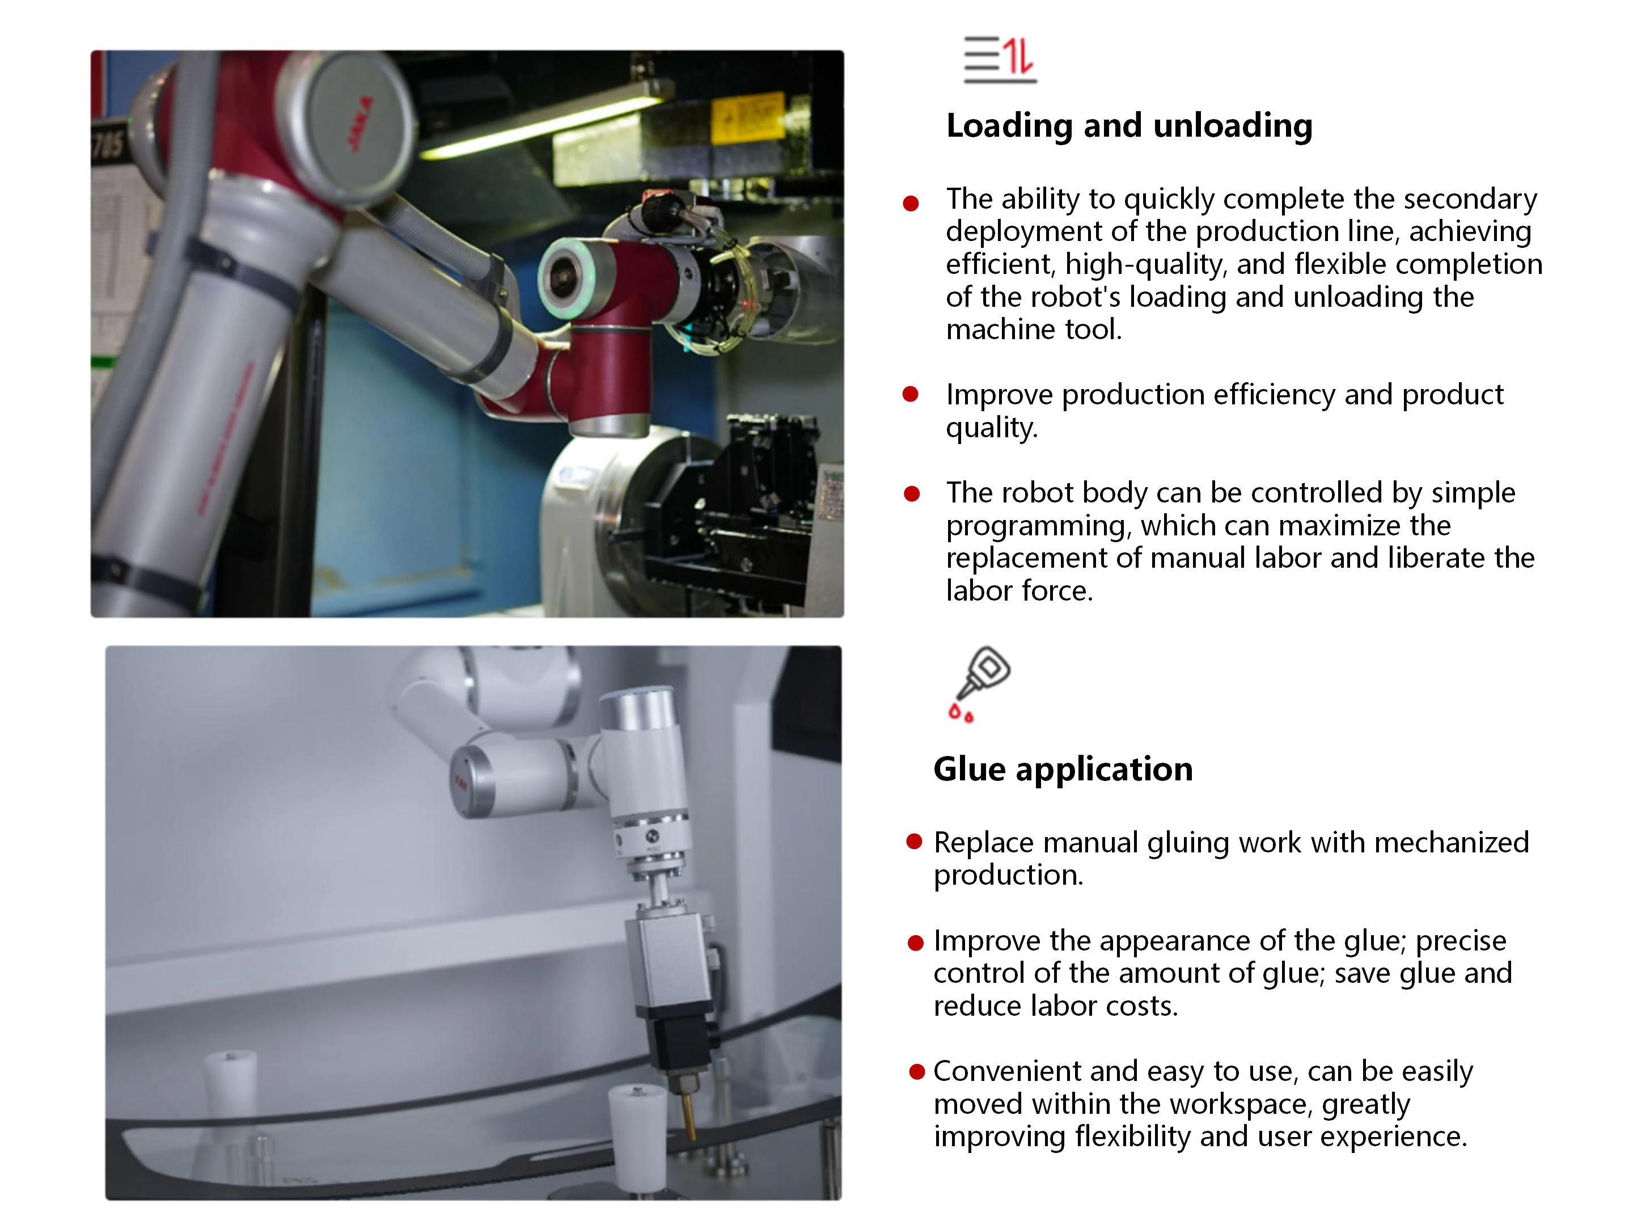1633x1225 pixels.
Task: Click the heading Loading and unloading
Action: pyautogui.click(x=1129, y=125)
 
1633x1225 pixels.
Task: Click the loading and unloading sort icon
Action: pyautogui.click(x=1000, y=59)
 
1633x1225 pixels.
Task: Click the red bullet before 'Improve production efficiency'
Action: pyautogui.click(x=911, y=394)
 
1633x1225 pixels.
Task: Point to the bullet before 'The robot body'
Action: pyautogui.click(x=912, y=493)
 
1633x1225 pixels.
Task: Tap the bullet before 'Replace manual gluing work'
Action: pyautogui.click(x=915, y=842)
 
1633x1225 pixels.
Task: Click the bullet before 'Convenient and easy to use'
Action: pyautogui.click(x=917, y=1071)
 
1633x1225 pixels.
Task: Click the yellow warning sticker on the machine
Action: pyautogui.click(x=747, y=118)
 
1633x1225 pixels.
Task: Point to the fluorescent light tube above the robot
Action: pyautogui.click(x=546, y=121)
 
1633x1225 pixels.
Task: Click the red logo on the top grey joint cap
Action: pyautogui.click(x=361, y=125)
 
